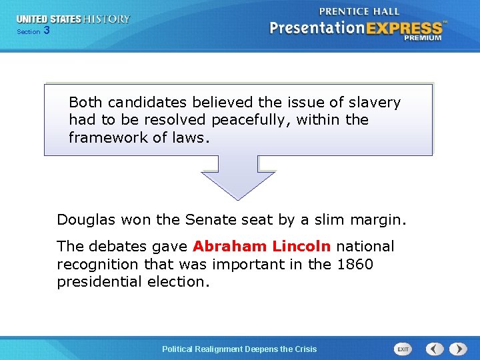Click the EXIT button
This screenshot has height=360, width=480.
403,349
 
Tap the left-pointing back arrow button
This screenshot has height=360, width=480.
435,349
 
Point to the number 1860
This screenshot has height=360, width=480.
355,264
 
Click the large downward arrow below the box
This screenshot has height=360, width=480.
238,177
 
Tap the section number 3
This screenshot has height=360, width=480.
46,31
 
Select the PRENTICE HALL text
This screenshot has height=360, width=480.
359,11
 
